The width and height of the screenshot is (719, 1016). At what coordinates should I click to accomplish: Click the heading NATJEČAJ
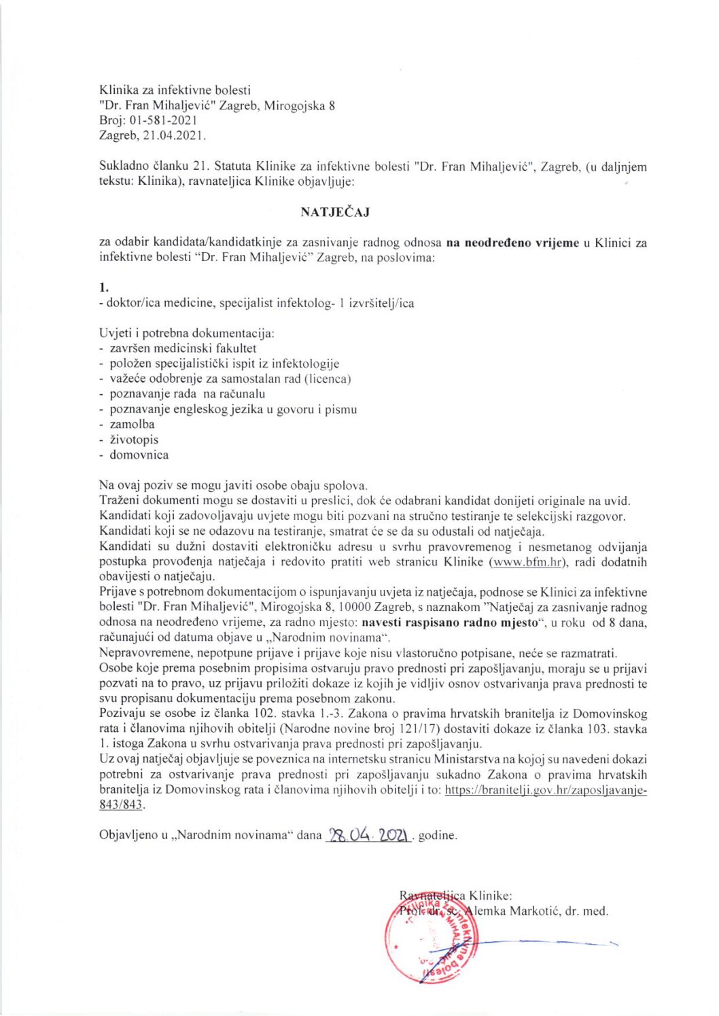tap(335, 212)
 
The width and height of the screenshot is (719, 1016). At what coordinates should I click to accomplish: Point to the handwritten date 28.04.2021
tap(369, 835)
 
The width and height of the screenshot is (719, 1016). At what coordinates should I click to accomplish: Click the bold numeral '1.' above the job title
tap(104, 287)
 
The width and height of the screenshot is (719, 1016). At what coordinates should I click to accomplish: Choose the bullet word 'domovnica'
tap(139, 455)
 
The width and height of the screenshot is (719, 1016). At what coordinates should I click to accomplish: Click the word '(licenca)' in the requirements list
tap(329, 379)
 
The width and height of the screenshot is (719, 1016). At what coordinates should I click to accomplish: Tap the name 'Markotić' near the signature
tap(534, 911)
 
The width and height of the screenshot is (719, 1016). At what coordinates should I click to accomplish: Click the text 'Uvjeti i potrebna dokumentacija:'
tap(187, 333)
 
